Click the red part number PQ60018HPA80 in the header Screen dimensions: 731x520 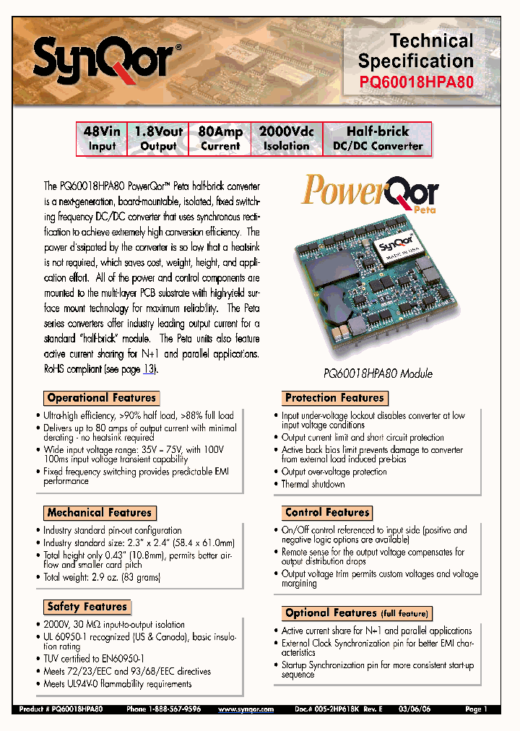(x=417, y=82)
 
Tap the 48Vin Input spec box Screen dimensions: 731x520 (x=102, y=139)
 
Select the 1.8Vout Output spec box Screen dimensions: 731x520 (x=158, y=139)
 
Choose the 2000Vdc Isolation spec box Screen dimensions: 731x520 (x=286, y=139)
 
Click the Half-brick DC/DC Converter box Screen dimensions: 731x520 (x=378, y=139)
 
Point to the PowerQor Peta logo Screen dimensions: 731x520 (x=370, y=194)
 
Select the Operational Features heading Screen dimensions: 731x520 (x=101, y=398)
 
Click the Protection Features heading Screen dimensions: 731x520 (x=334, y=398)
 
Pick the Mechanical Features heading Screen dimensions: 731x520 (x=100, y=513)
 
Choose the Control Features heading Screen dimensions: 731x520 (x=327, y=513)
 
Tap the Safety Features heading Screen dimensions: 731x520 (x=87, y=607)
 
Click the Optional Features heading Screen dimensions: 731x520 (x=357, y=613)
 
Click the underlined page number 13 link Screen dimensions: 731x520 (x=149, y=369)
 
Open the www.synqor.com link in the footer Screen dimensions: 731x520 (x=246, y=710)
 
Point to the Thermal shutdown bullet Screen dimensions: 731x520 (x=313, y=484)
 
